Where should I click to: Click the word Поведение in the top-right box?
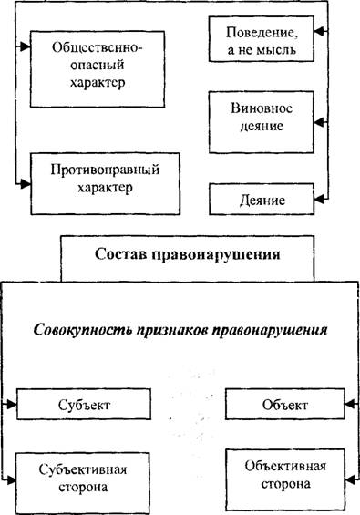point(262,33)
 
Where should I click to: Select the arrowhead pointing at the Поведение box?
point(319,32)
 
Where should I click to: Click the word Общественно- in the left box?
point(98,47)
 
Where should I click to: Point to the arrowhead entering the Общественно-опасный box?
point(26,47)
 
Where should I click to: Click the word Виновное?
point(262,108)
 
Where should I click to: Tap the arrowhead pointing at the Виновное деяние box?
point(319,122)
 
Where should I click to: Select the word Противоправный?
point(105,170)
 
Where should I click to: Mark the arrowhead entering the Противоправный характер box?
point(26,184)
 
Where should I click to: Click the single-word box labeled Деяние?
point(262,200)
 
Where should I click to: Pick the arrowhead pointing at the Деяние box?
point(319,199)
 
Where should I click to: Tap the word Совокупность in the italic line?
point(83,329)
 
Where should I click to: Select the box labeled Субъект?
point(84,404)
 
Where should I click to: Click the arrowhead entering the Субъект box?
point(12,405)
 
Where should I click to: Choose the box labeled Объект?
point(285,404)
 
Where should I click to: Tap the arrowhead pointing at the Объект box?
point(349,404)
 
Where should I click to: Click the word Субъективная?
point(83,469)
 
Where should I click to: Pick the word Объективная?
point(285,467)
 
